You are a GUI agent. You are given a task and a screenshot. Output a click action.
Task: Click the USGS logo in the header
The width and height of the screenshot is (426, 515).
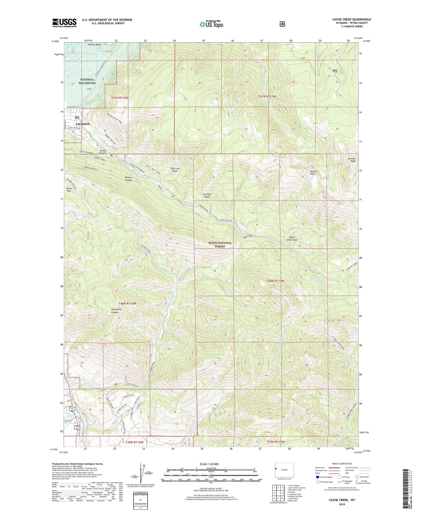(64, 23)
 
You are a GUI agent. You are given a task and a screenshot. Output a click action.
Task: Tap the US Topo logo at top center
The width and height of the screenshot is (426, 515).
(211, 24)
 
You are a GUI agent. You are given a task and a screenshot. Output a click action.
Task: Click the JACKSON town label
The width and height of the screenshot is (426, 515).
(82, 124)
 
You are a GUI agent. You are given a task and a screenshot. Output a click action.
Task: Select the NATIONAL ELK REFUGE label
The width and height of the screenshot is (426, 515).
(87, 81)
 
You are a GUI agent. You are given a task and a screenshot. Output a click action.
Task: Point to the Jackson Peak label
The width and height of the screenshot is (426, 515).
(351, 160)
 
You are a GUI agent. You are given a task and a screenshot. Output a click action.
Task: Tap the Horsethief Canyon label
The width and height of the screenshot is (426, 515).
(115, 311)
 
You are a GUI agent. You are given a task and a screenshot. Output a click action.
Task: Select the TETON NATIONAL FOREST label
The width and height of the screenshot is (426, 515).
(220, 245)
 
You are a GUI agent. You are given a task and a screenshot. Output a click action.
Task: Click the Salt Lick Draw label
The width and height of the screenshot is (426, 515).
(175, 170)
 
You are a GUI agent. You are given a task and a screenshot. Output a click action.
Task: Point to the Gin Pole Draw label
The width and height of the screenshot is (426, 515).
(207, 196)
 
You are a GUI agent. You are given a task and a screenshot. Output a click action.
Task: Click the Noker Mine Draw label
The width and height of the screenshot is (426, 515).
(292, 238)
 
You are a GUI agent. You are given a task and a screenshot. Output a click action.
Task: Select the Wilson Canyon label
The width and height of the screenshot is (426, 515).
(128, 179)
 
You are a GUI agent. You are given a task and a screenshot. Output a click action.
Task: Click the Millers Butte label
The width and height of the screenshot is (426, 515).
(95, 45)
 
